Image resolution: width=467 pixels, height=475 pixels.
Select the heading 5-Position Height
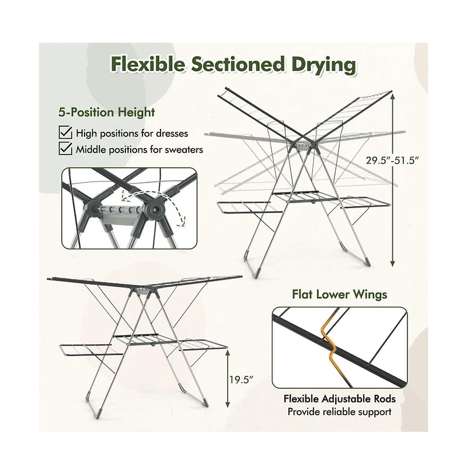tap(106, 112)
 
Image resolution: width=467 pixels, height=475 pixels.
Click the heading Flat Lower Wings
tap(340, 294)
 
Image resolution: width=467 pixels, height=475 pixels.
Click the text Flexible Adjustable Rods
tap(340, 399)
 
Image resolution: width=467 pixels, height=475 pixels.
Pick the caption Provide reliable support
tap(340, 412)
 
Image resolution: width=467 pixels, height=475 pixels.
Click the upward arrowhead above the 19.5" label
tap(228, 354)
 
